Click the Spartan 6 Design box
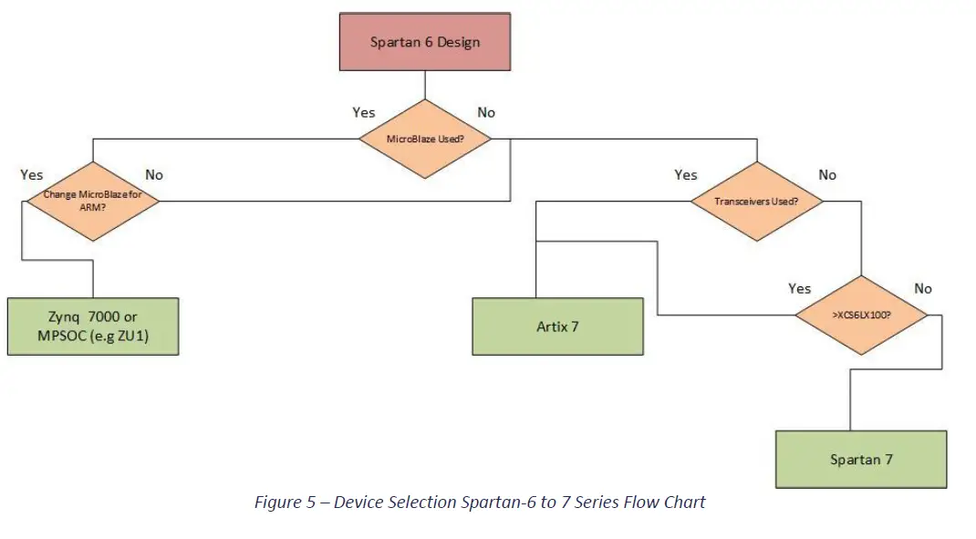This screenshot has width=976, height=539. (424, 42)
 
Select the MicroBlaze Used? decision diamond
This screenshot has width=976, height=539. (424, 139)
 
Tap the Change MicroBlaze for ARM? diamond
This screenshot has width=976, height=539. (92, 200)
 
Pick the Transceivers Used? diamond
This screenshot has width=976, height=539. (756, 201)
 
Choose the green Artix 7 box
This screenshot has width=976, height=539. (557, 326)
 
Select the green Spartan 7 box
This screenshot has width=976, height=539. (860, 459)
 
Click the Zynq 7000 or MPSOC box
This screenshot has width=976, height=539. (92, 326)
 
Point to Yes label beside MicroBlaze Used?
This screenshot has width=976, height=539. (363, 112)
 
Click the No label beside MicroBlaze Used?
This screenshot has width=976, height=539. (486, 112)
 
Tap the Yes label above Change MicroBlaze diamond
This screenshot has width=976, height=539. (31, 174)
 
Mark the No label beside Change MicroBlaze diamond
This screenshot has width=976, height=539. (154, 174)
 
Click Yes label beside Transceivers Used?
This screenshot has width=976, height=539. (685, 174)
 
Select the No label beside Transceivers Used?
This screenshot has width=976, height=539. (826, 174)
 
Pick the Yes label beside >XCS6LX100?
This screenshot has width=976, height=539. (799, 288)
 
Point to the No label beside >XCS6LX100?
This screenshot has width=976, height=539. (923, 288)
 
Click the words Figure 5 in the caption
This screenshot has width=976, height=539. (282, 503)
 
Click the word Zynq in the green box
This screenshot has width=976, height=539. (64, 316)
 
